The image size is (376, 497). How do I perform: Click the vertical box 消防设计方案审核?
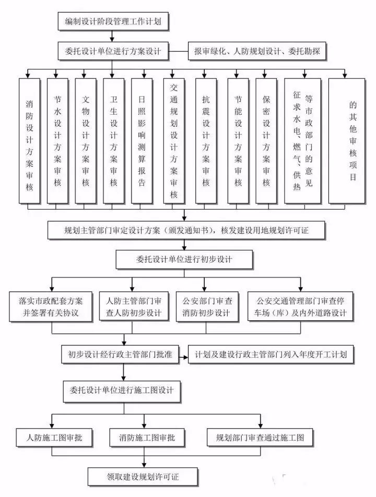click(29, 141)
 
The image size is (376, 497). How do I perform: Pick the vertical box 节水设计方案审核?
click(57, 141)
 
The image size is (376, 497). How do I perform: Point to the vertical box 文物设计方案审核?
click(86, 141)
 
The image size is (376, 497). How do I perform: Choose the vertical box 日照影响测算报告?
click(142, 141)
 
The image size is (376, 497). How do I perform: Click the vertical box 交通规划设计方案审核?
click(174, 141)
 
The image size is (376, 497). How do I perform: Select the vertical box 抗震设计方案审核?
click(206, 141)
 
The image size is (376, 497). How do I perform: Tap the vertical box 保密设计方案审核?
click(266, 141)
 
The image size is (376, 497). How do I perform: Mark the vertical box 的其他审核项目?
click(352, 141)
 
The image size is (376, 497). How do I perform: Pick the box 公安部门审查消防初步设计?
click(206, 307)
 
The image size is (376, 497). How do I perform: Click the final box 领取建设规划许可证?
click(143, 475)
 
